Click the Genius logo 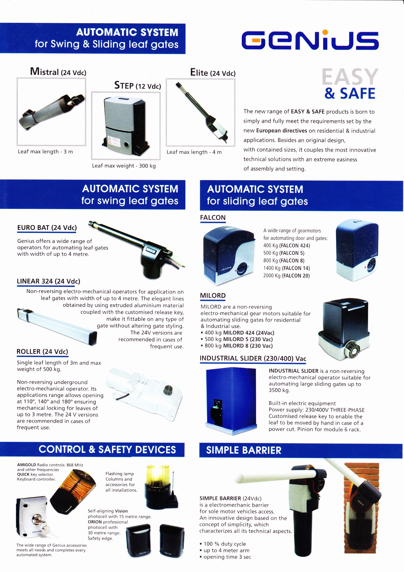[310, 40]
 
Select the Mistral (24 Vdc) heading [58, 72]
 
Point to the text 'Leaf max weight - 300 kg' [124, 166]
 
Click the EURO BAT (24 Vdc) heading [47, 228]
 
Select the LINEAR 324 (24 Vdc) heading [48, 281]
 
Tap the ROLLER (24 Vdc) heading [42, 352]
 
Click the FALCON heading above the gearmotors [213, 218]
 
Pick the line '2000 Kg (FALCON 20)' [286, 276]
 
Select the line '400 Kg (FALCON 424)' [286, 246]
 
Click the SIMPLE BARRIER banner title [244, 450]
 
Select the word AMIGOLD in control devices [26, 465]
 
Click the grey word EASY [350, 77]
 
